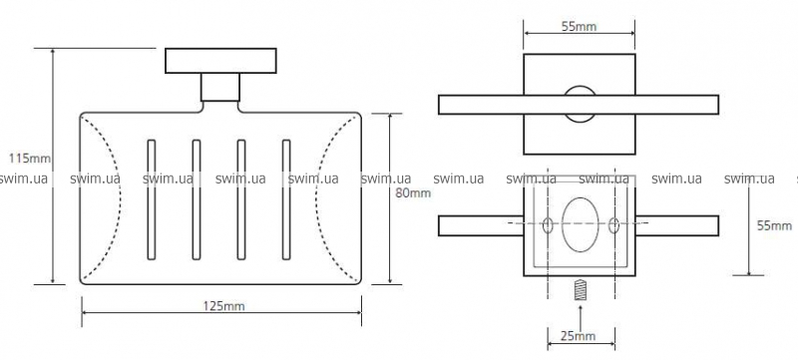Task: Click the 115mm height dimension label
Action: click(30, 159)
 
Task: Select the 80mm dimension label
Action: click(413, 193)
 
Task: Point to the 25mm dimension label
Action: click(579, 336)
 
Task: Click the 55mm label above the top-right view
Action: click(579, 27)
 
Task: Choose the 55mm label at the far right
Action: click(775, 225)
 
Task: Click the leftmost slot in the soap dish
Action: click(152, 199)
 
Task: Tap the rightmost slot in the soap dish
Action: click(286, 199)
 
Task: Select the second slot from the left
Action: click(197, 199)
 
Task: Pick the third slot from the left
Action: click(241, 199)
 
